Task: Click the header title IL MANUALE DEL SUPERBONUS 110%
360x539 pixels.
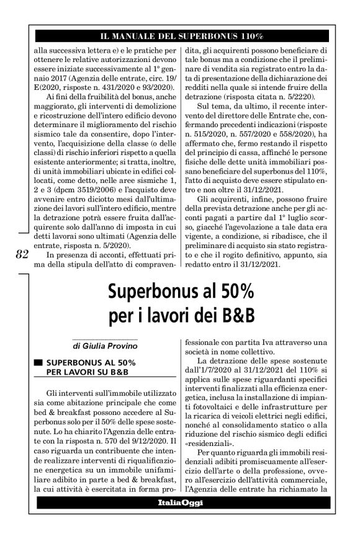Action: [x=179, y=37]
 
